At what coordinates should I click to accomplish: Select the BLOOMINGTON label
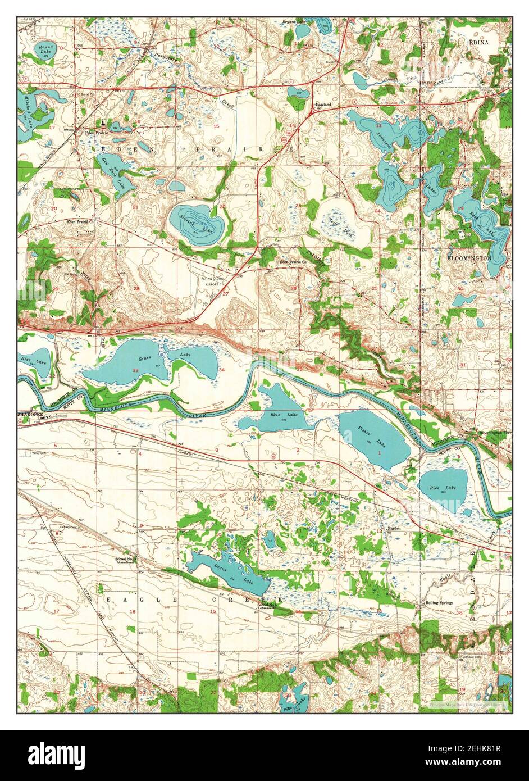pos(469,258)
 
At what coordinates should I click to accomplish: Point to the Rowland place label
pos(323,105)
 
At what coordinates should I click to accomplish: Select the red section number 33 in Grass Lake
pos(135,371)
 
